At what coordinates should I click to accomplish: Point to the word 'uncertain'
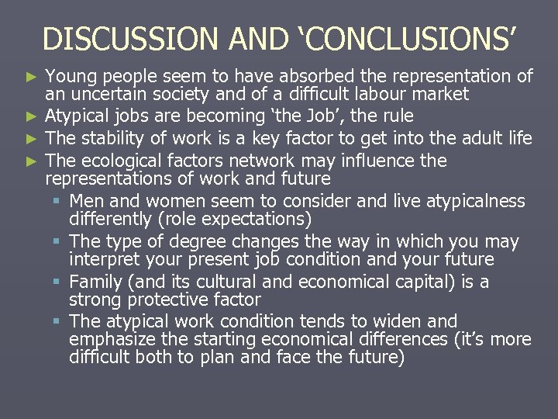(x=101, y=95)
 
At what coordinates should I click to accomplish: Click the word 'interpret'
(x=102, y=260)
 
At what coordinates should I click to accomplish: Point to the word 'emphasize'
(x=107, y=340)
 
